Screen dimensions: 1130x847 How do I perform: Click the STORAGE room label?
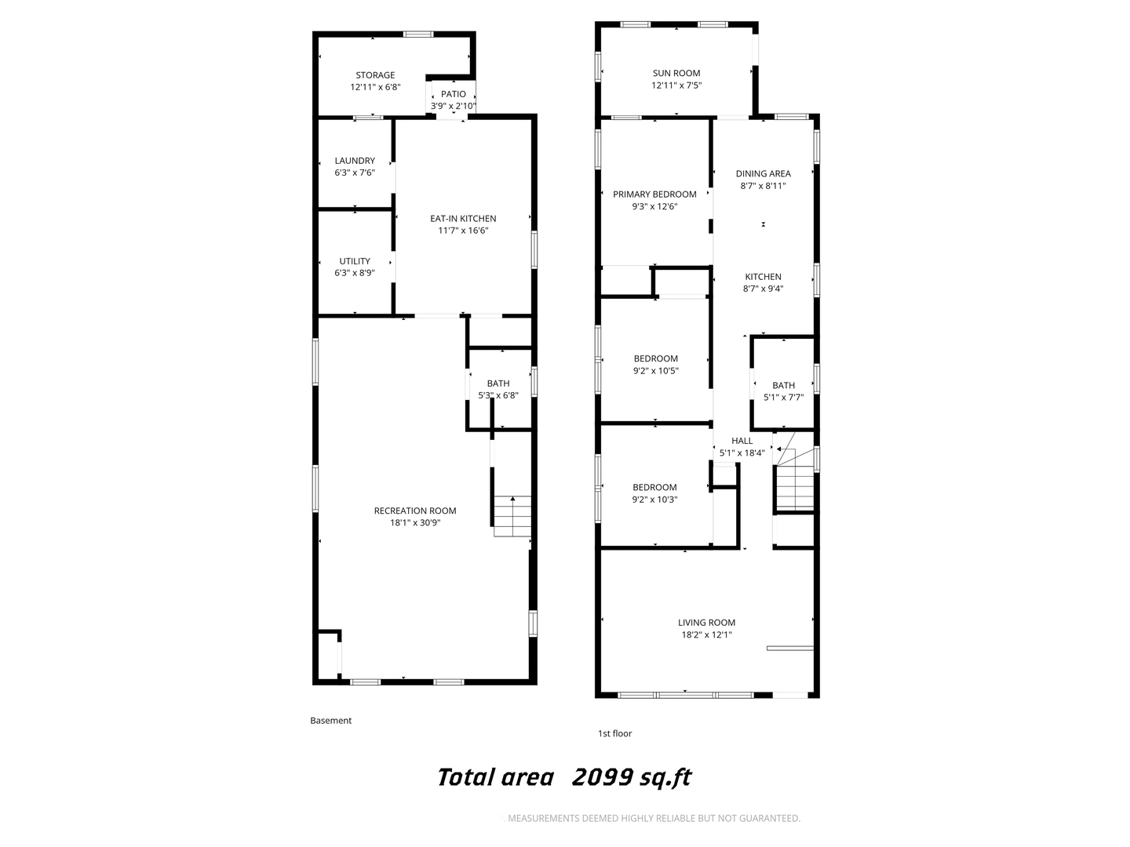(x=375, y=75)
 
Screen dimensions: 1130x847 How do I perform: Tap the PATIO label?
(x=454, y=94)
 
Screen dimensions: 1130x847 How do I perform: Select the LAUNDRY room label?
(x=355, y=161)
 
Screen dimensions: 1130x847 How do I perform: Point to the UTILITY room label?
(x=355, y=260)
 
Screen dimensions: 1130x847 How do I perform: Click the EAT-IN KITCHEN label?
(x=463, y=219)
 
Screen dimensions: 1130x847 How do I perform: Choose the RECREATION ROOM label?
(x=415, y=511)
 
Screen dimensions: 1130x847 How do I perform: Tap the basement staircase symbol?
(x=512, y=516)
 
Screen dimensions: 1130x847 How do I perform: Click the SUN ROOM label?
(x=676, y=73)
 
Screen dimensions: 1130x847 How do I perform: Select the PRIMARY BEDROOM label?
(x=654, y=194)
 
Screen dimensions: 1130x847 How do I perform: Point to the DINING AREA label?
(x=763, y=174)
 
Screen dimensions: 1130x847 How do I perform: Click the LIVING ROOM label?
(x=707, y=622)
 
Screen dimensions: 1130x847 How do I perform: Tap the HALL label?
(x=742, y=441)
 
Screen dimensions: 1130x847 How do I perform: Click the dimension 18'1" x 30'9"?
(x=415, y=523)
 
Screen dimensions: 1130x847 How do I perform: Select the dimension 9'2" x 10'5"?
(x=656, y=371)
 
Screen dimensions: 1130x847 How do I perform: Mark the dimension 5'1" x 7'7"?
(x=783, y=398)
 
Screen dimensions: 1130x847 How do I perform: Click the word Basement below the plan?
(x=330, y=721)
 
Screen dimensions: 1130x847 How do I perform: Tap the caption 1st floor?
(x=614, y=733)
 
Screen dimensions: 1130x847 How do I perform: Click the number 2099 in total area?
(x=603, y=777)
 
